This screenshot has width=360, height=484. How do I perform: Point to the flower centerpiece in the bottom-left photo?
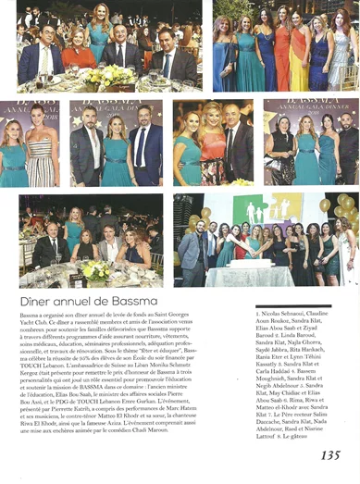coord(96,269)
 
